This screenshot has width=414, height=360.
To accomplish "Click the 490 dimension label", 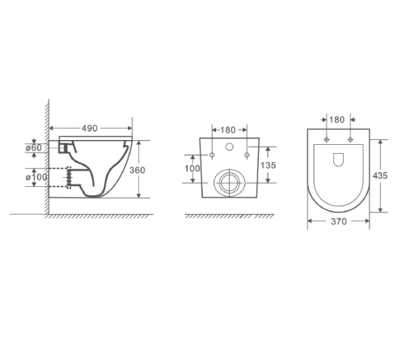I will point(90,128).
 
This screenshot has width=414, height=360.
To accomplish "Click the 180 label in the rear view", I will point(228,129).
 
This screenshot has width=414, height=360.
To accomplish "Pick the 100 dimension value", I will point(193,168).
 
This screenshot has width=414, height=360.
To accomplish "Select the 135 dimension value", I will point(268,166).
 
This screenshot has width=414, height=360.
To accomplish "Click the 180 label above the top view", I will point(337,119).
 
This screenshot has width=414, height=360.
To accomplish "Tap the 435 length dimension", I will point(380,175).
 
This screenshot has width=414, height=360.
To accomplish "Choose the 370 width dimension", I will point(337,221).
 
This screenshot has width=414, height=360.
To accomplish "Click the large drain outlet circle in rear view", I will point(228,181).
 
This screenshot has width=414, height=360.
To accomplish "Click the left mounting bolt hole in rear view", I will point(212,154).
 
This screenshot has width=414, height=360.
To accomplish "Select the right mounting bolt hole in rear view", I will point(246,154).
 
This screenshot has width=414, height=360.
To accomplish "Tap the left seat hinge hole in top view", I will point(325,141).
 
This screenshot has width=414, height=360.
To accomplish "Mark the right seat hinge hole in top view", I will point(351,141).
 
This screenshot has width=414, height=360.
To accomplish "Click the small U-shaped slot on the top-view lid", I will point(338,161).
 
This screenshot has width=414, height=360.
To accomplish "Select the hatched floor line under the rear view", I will point(228,217).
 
